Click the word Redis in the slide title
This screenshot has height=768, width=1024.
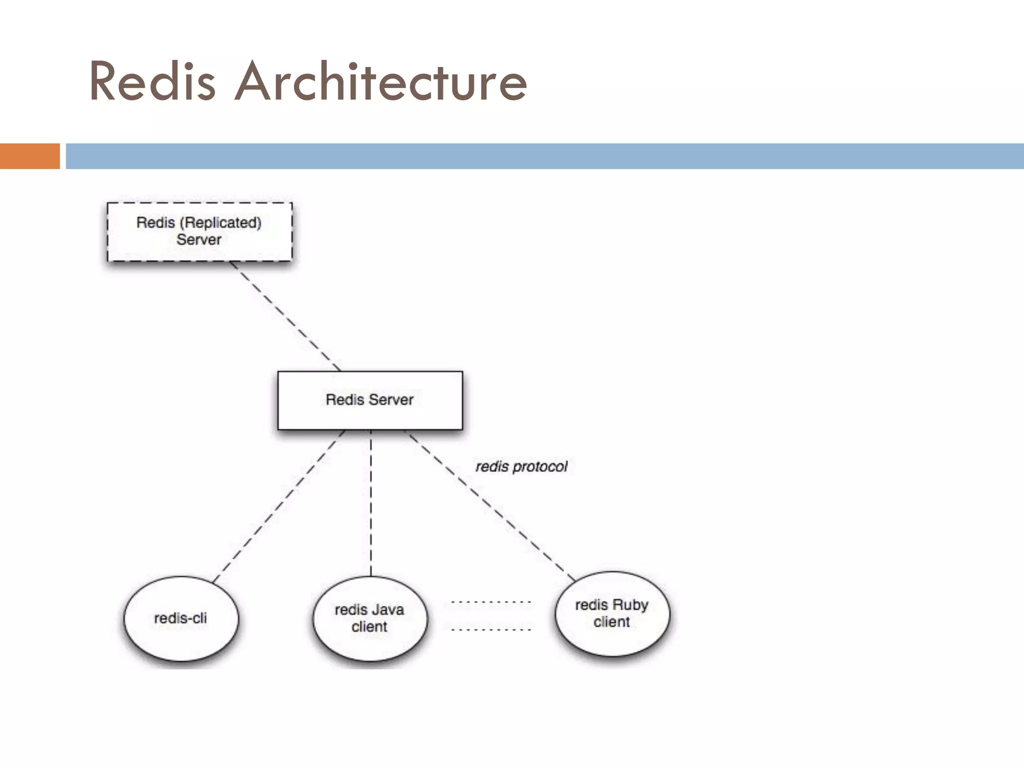tap(152, 81)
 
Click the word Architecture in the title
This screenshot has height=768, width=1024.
tap(381, 81)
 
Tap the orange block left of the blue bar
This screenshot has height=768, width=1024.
tap(29, 156)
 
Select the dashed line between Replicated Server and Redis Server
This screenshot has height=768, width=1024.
tap(285, 316)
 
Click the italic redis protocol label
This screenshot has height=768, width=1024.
tap(521, 466)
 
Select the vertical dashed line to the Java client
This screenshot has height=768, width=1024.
tap(370, 502)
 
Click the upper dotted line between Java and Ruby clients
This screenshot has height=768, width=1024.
tap(490, 602)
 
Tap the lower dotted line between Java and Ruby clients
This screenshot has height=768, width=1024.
tap(490, 629)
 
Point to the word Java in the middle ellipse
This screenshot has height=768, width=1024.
tap(387, 610)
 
